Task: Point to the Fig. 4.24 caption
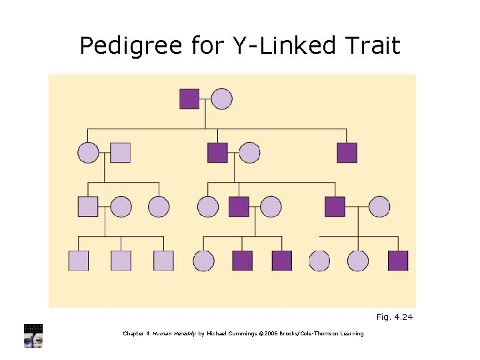point(395,317)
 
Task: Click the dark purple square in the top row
point(189,99)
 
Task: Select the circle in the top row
point(222,99)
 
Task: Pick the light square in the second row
point(120,153)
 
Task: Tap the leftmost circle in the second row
point(88,153)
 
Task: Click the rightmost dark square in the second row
point(347,153)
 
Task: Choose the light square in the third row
point(88,207)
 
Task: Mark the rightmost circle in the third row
point(379,207)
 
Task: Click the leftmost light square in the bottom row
point(79,261)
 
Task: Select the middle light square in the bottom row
point(121,261)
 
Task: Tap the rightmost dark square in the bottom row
point(398,261)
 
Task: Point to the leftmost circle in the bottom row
point(203,261)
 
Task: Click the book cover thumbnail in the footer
point(33,335)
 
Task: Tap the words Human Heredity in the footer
point(175,333)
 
